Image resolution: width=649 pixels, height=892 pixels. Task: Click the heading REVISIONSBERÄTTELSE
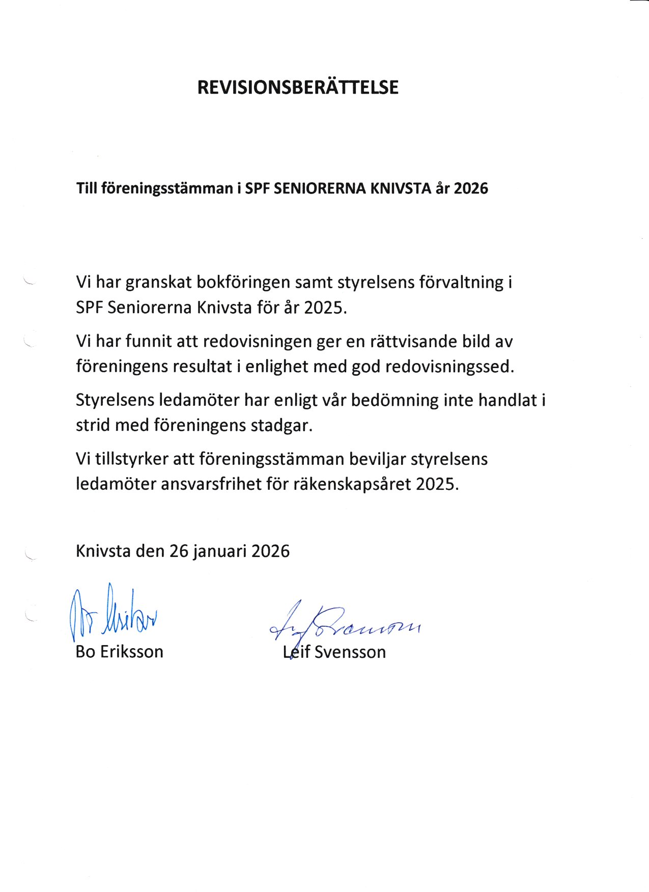click(298, 88)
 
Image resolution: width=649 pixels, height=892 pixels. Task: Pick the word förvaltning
click(461, 282)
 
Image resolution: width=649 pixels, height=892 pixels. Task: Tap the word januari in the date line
click(220, 551)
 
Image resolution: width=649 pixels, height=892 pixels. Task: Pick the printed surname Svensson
click(350, 652)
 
